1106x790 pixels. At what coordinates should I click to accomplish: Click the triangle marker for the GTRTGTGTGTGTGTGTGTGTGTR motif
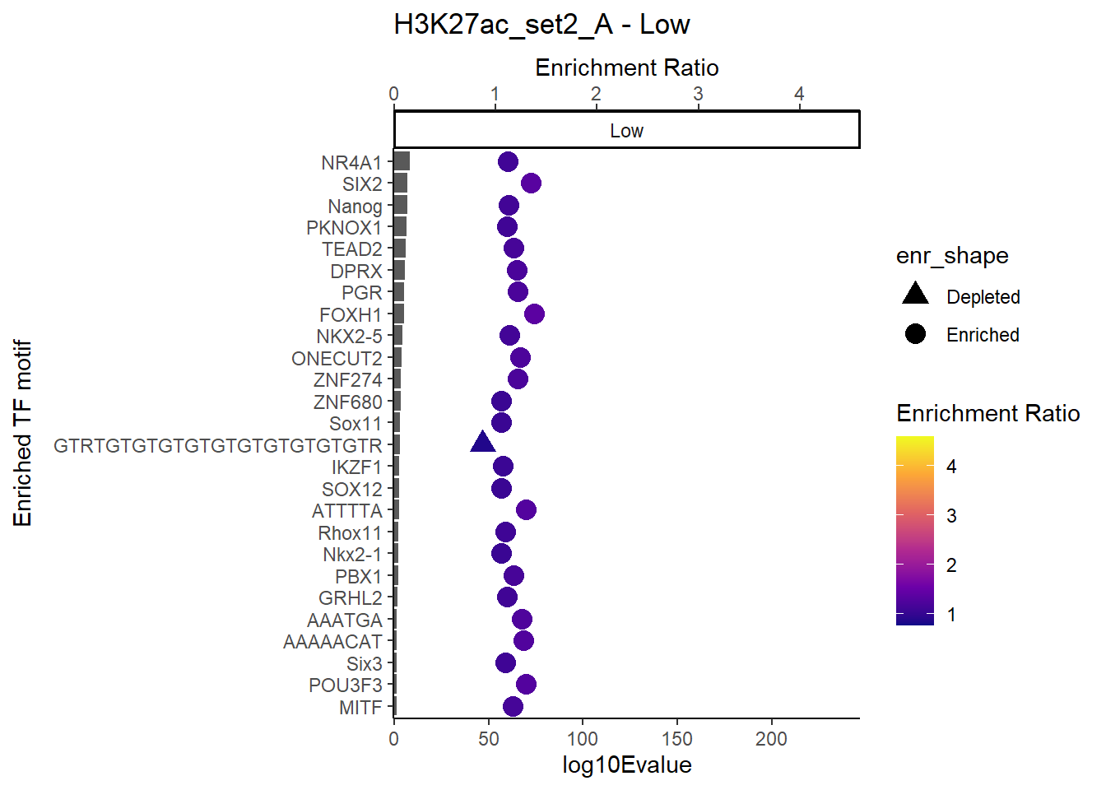point(483,444)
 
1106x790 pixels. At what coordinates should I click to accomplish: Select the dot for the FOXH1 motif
point(534,314)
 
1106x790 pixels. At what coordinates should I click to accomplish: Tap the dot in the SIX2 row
point(531,183)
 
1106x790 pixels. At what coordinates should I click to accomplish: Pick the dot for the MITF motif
point(513,706)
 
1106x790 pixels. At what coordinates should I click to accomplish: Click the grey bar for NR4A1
point(402,161)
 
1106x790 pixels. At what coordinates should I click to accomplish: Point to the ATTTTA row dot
point(526,510)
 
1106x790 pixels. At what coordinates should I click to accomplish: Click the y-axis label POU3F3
point(346,685)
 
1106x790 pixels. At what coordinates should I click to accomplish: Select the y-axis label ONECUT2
point(337,359)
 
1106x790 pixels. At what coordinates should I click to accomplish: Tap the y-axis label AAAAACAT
point(332,642)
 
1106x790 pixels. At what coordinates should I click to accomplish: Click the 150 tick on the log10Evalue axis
point(677,739)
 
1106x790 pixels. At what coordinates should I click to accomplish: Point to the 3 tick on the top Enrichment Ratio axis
point(698,94)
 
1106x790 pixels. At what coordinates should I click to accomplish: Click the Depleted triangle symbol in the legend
point(915,294)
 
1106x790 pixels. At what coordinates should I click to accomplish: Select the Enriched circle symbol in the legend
point(915,334)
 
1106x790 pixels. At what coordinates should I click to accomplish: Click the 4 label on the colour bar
point(951,467)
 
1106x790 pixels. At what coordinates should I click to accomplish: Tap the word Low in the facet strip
point(626,131)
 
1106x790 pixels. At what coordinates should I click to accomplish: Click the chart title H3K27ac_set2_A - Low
point(541,25)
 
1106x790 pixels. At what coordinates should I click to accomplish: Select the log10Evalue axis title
point(626,765)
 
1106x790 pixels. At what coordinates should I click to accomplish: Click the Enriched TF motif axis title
point(22,433)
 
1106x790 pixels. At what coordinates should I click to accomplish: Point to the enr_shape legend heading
point(952,256)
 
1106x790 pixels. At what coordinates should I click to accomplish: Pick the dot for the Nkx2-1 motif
point(501,554)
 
